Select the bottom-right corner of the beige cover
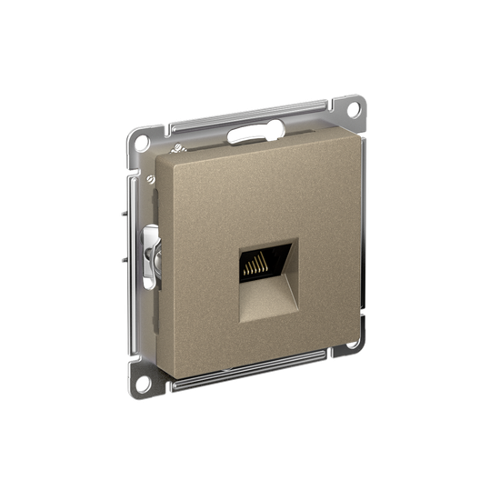click(x=342, y=328)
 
